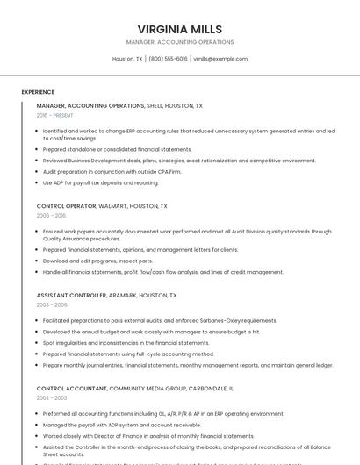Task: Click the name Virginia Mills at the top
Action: coord(180,29)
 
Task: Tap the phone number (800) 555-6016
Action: coord(168,59)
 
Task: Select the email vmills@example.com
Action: coord(220,59)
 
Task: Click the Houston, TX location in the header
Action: coord(127,59)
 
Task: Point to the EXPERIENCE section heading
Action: coord(38,92)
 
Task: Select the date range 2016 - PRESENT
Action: coord(55,115)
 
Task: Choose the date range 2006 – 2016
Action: coord(51,215)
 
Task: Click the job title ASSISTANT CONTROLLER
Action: coord(71,296)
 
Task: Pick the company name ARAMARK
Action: coord(128,296)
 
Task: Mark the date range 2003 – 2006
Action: coord(52,305)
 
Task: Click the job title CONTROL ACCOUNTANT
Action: coord(71,388)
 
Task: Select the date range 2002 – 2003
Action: coord(52,397)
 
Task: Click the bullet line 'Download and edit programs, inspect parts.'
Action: coord(97,261)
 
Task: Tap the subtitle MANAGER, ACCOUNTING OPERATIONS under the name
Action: coord(180,42)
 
